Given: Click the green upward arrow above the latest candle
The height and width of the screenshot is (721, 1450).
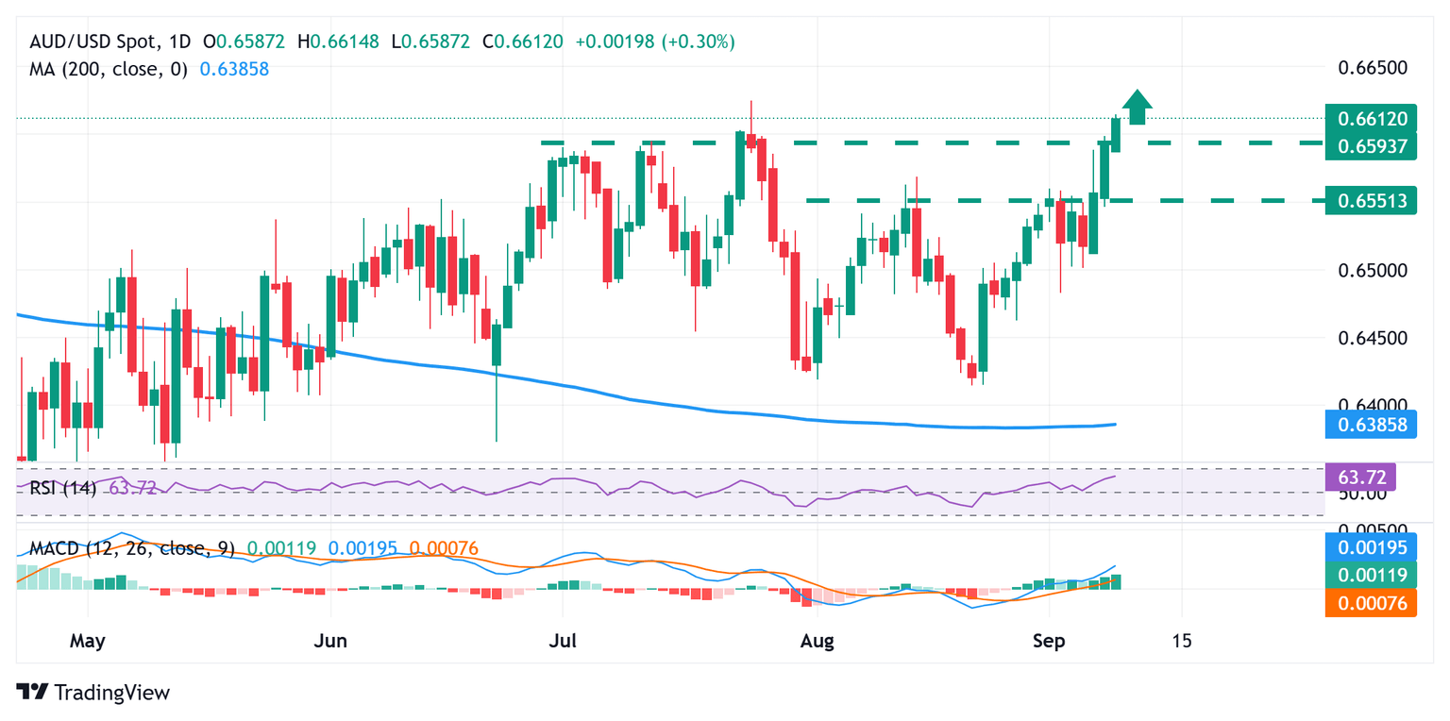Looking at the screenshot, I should point(1138,107).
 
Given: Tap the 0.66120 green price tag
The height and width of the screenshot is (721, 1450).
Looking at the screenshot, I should point(1371,119).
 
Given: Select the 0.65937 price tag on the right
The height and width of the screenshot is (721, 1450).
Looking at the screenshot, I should point(1371,146).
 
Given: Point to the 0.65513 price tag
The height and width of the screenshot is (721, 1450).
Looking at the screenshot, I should point(1371,200).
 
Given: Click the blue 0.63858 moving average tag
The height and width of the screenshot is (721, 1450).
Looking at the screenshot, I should point(1371,426).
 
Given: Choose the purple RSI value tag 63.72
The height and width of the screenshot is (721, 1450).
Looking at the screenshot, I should point(1362,476).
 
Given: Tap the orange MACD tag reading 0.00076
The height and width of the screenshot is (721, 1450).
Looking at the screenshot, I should point(1371,603).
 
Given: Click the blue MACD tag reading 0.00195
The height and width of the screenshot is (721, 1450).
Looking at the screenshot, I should point(1371,548).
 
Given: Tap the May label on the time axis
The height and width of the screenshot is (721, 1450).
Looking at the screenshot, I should point(88,641).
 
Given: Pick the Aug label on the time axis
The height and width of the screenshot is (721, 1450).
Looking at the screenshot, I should point(817,641).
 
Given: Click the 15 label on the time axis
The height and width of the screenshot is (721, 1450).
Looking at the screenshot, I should point(1181,641).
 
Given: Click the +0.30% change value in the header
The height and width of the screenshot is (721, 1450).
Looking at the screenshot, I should point(700,42).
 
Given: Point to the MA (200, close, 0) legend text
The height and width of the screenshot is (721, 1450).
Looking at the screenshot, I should point(108,69).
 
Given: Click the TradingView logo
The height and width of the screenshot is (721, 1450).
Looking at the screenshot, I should point(94,692).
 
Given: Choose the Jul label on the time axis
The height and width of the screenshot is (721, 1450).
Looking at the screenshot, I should point(563,641).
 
